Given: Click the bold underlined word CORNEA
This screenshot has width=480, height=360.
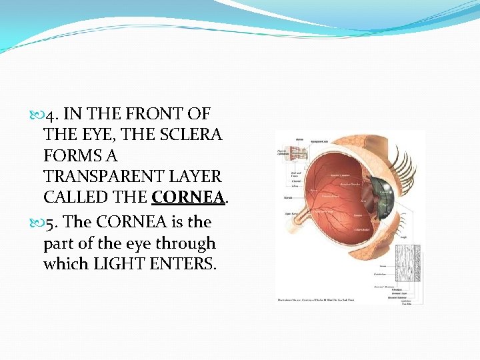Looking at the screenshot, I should point(191,198).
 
